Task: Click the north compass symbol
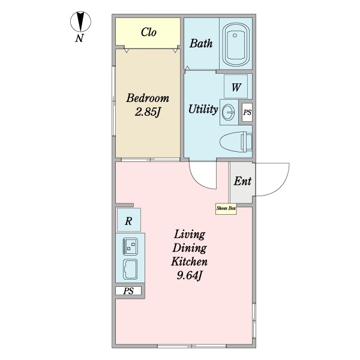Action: click(x=80, y=23)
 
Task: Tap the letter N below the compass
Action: click(x=79, y=40)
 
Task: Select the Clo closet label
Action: click(x=149, y=32)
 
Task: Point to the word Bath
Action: click(x=200, y=44)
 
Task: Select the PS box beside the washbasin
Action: click(x=247, y=112)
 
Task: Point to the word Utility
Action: click(x=203, y=110)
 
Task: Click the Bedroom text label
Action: click(x=148, y=98)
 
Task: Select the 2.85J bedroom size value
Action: click(x=148, y=112)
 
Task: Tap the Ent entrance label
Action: click(x=242, y=182)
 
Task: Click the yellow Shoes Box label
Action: click(x=226, y=209)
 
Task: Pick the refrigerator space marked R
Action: click(x=128, y=221)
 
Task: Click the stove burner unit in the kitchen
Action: click(x=130, y=245)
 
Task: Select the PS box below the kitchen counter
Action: click(x=128, y=291)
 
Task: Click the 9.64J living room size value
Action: click(x=190, y=276)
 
